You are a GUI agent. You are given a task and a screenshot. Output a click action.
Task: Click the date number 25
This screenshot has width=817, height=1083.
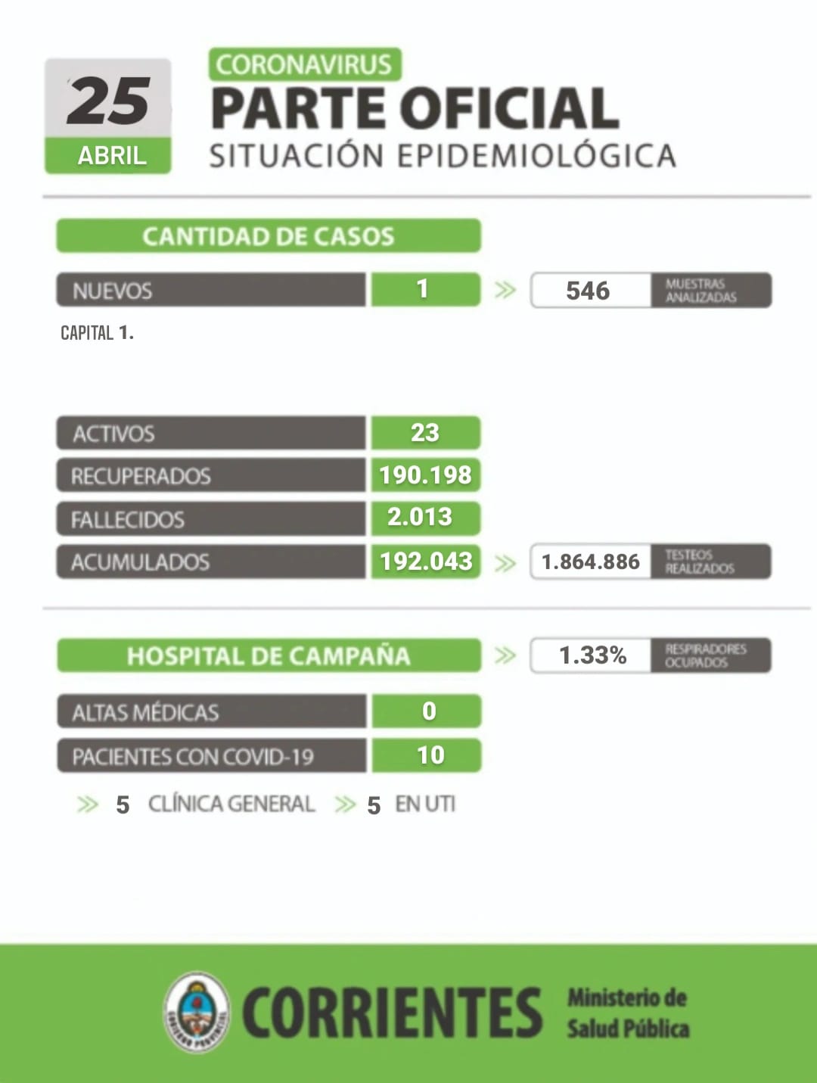[108, 101]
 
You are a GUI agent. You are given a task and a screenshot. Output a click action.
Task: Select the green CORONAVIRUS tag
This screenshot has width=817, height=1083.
[305, 64]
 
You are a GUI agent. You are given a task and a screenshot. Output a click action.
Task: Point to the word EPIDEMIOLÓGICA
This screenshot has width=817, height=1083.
[536, 155]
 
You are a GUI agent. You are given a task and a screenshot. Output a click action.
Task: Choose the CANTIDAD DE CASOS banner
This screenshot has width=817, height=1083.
[269, 236]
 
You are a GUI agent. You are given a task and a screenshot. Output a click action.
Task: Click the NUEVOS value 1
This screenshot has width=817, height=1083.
[422, 289]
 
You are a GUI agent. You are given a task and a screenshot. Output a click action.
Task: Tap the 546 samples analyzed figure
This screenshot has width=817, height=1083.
[588, 291]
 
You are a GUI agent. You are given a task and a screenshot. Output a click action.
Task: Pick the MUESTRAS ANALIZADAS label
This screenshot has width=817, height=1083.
[701, 291]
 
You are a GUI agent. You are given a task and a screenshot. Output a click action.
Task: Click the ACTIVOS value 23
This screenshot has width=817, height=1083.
[424, 433]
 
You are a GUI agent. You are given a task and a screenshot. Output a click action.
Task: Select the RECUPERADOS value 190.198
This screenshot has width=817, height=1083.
[425, 475]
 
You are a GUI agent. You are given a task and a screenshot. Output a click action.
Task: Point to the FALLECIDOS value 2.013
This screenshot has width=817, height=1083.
[420, 517]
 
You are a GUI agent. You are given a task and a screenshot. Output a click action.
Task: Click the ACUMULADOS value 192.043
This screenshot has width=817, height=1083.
[426, 562]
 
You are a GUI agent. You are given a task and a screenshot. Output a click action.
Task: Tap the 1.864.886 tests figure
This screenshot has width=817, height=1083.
[590, 562]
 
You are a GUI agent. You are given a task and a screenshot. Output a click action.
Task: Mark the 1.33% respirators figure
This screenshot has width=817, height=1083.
[592, 655]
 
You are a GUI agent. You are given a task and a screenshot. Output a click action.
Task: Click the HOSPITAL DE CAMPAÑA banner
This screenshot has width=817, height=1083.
[269, 655]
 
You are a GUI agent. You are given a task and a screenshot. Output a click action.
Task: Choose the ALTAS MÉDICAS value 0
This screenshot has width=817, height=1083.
[429, 711]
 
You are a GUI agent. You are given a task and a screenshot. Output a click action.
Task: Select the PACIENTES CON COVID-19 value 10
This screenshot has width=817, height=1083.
[430, 755]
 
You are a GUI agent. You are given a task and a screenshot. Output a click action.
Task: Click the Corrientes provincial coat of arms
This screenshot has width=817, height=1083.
[197, 1013]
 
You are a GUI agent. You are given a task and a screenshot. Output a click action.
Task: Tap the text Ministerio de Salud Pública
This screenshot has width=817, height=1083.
[628, 1013]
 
